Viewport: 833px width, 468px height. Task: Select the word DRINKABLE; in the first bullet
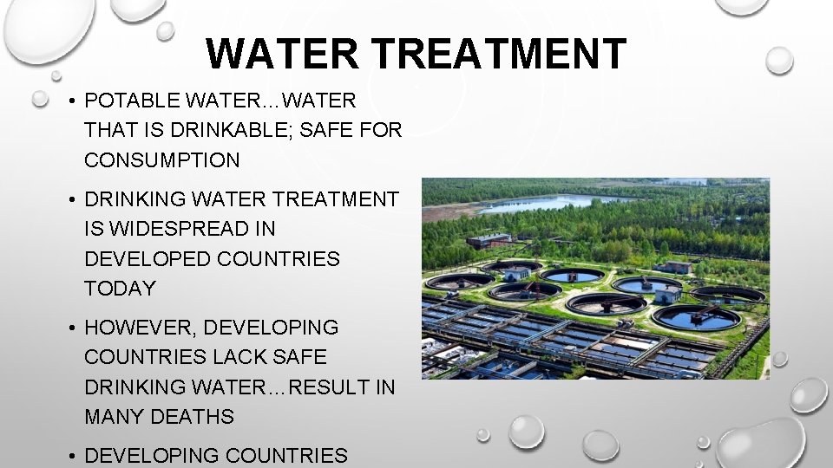pos(242,130)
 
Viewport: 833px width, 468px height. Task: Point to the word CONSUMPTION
pos(161,160)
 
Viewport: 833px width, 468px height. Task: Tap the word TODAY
pos(120,289)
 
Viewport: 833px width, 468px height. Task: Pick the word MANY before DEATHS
pos(115,417)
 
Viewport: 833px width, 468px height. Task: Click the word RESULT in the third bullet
pos(330,387)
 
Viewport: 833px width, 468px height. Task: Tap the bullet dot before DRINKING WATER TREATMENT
pos(69,199)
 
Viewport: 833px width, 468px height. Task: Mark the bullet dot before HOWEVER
pos(69,328)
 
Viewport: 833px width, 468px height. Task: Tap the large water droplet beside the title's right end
pos(779,60)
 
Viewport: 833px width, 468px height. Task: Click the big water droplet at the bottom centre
pos(526,431)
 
